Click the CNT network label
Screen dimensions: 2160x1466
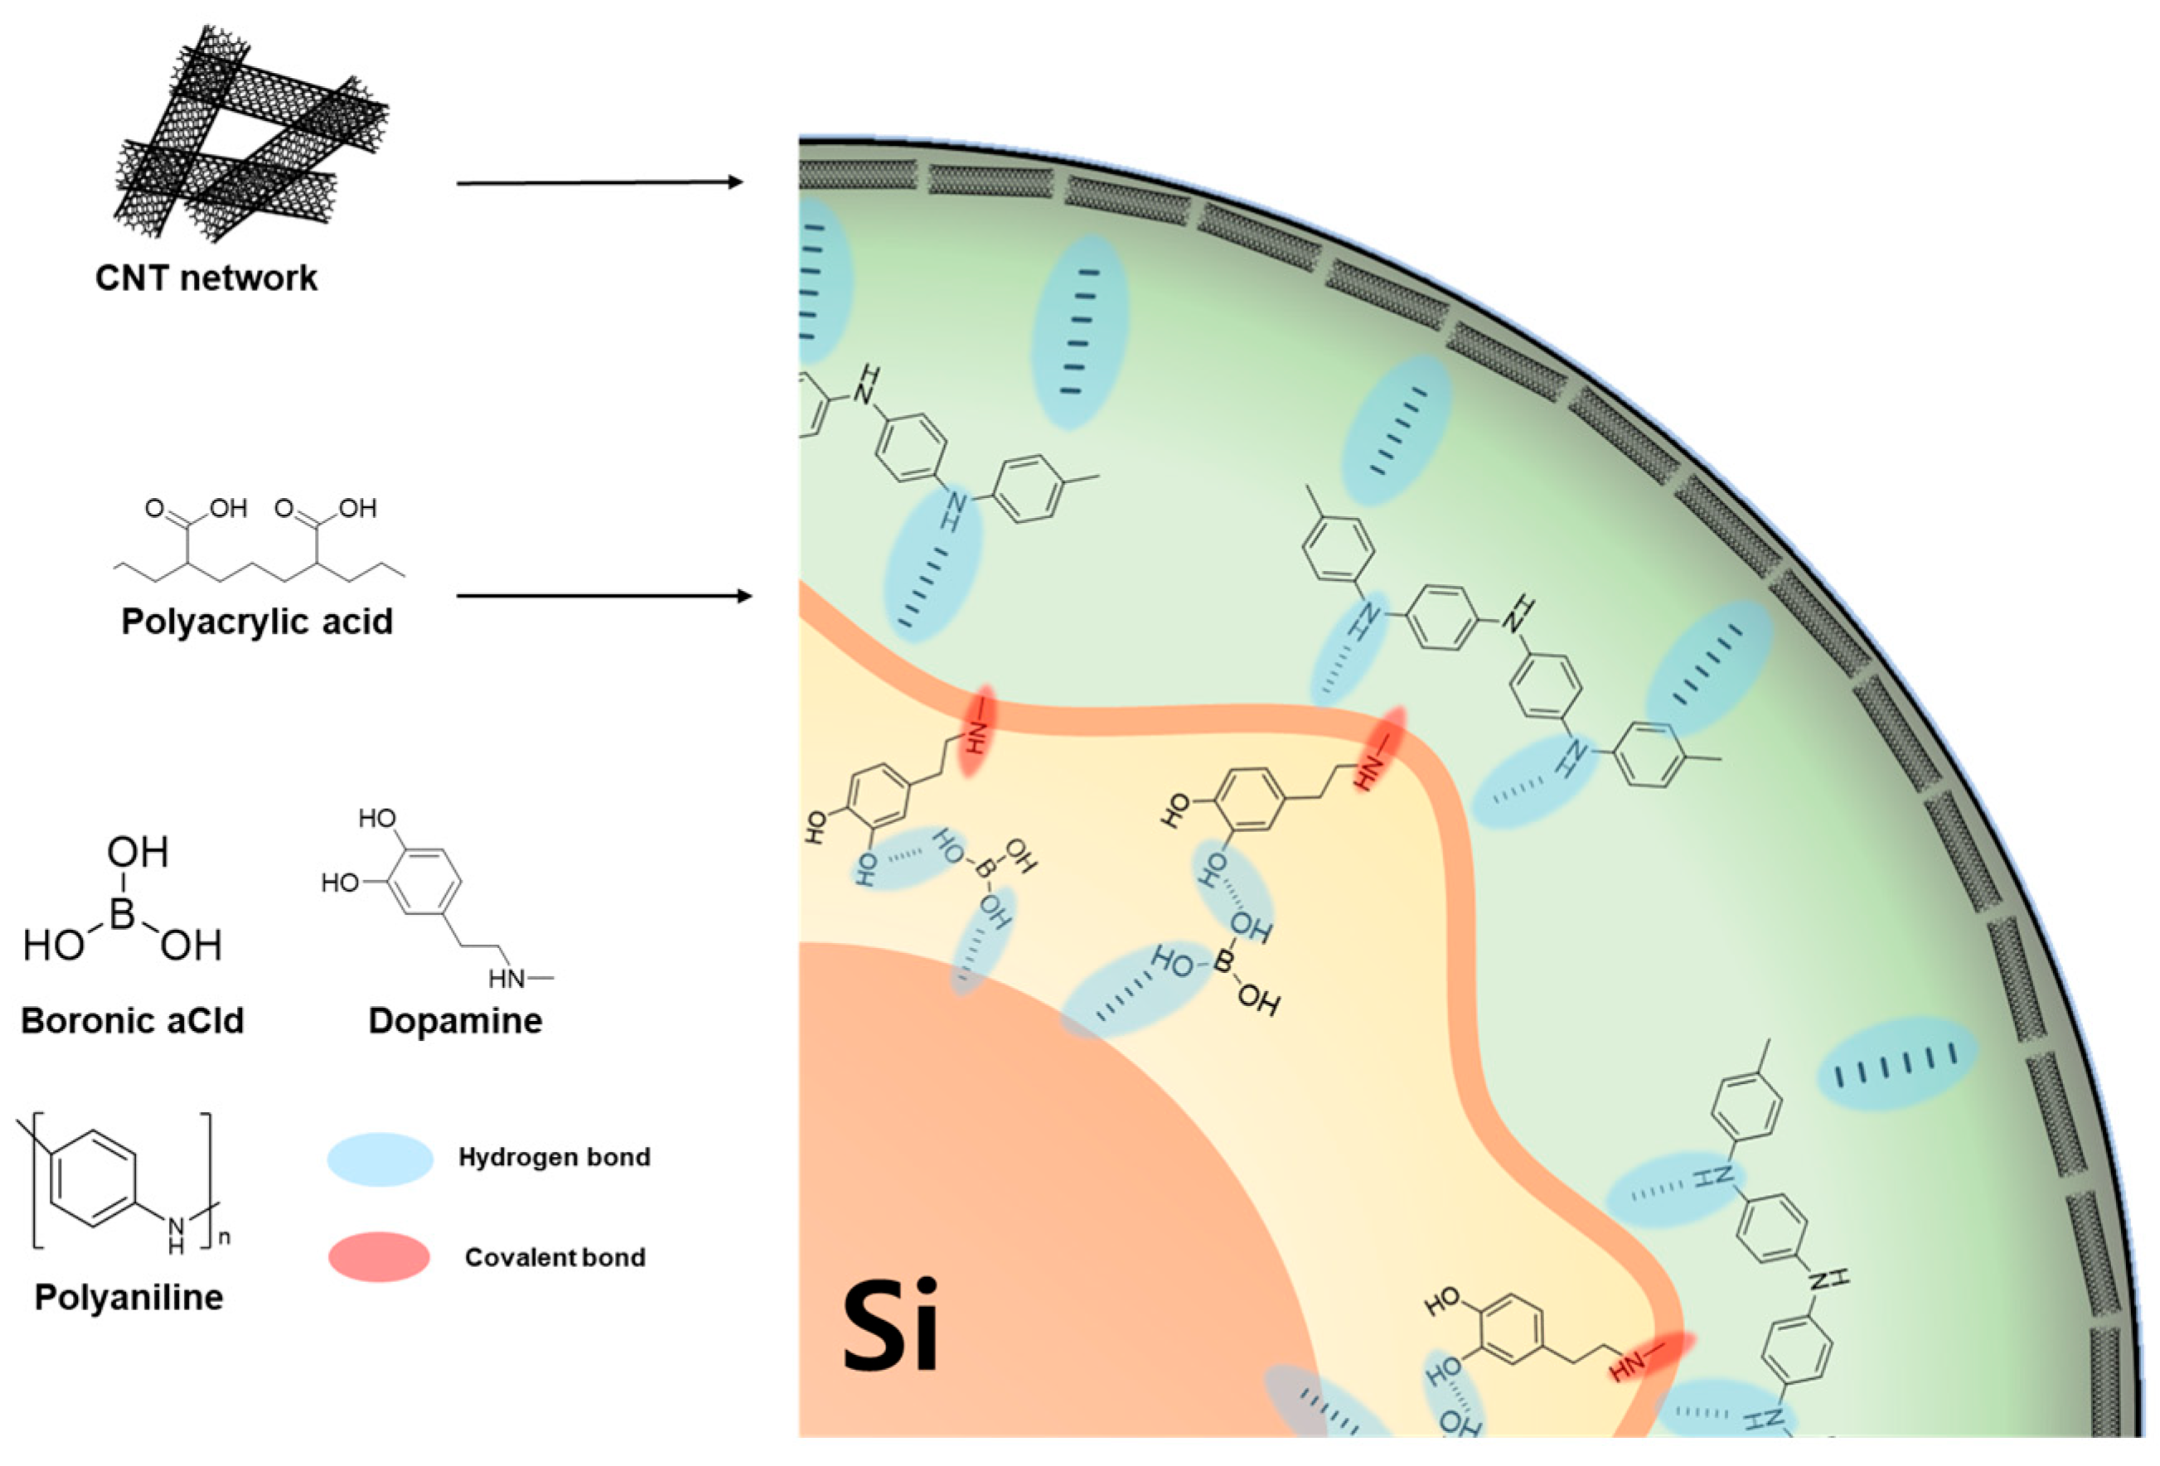(x=206, y=278)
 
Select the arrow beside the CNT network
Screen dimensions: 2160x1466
(x=599, y=182)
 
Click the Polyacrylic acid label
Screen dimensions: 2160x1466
(x=258, y=621)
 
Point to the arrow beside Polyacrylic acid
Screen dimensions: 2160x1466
(x=604, y=596)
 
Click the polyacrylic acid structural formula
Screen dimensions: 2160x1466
(x=259, y=543)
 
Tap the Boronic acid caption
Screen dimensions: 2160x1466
(x=132, y=1020)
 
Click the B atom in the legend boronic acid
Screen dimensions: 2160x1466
(x=123, y=912)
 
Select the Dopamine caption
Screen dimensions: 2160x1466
(x=455, y=1020)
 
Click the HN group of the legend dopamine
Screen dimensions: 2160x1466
(x=507, y=978)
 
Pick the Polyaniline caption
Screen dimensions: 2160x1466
(x=129, y=1297)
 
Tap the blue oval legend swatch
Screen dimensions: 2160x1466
(x=380, y=1159)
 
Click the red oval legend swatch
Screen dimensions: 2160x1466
(x=380, y=1257)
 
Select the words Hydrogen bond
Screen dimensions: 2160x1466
(x=554, y=1157)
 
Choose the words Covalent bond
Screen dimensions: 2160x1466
(x=555, y=1257)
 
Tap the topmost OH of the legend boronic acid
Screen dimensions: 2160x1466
(x=138, y=851)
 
